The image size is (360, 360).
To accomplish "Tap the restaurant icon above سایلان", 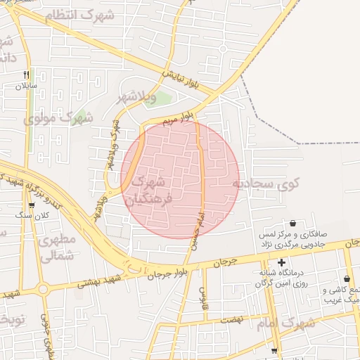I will [x=27, y=75].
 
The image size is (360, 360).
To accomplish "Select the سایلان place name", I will [x=27, y=87].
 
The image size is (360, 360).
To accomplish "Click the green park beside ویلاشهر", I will [x=162, y=98].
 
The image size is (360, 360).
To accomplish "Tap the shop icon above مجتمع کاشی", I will [x=347, y=279].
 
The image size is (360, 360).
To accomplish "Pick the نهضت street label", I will [x=231, y=318].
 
